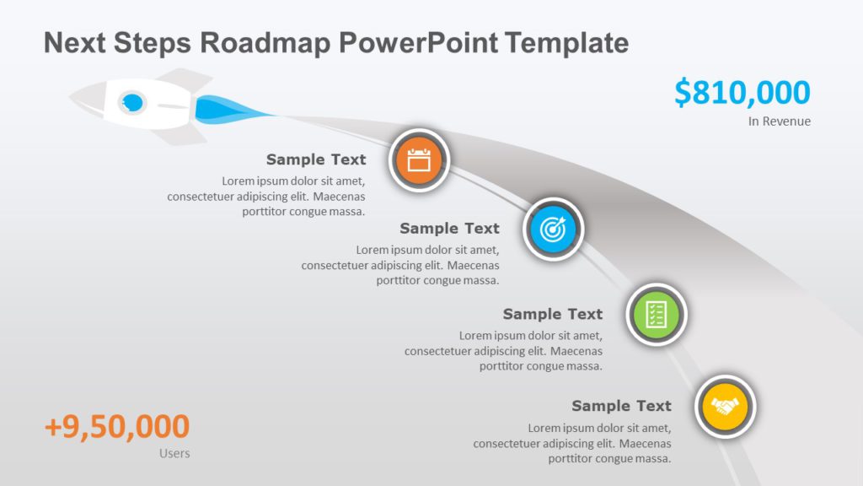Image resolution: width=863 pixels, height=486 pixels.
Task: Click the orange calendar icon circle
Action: (x=419, y=159)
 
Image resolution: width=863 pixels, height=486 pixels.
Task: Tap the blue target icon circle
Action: (x=553, y=229)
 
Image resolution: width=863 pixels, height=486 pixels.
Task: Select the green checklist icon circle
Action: (x=657, y=315)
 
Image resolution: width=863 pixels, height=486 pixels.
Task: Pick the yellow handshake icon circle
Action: (x=726, y=407)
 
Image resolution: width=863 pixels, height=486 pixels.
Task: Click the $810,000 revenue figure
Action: (x=742, y=93)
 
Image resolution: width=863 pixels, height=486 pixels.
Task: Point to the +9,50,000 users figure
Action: (x=117, y=427)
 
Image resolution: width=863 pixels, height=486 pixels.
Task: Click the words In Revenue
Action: (x=779, y=121)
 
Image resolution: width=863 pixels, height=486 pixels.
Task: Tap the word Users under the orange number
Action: (x=174, y=454)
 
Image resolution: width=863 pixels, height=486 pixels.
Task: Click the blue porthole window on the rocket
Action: (x=131, y=102)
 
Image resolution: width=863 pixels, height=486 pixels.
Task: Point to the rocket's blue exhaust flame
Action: (x=223, y=109)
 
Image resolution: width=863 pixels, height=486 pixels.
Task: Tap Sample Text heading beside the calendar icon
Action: (x=316, y=159)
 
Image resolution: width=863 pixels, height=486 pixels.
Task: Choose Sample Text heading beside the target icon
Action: (x=449, y=229)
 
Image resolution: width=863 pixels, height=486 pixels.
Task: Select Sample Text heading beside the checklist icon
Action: (x=553, y=314)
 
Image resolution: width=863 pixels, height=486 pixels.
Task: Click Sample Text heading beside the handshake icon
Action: (x=621, y=406)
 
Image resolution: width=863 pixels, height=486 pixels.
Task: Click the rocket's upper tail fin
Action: (x=187, y=78)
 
